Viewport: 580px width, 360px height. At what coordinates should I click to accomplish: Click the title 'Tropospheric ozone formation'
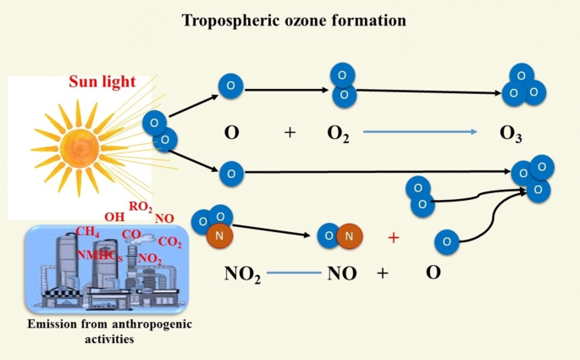(x=289, y=19)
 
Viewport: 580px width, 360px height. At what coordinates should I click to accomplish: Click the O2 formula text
(x=339, y=134)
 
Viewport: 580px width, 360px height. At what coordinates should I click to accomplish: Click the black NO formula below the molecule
(x=341, y=274)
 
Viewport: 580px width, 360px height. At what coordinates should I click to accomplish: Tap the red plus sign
(x=393, y=238)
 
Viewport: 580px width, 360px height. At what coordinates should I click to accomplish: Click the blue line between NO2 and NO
(x=295, y=273)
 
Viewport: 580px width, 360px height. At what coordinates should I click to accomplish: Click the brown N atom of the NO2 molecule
(x=218, y=237)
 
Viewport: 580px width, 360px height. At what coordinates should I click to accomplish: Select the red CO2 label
(x=169, y=242)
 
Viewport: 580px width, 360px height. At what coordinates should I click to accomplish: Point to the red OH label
(x=114, y=217)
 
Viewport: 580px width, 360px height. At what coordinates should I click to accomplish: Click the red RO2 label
(x=141, y=205)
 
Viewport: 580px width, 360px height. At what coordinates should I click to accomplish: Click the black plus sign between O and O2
(x=290, y=133)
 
